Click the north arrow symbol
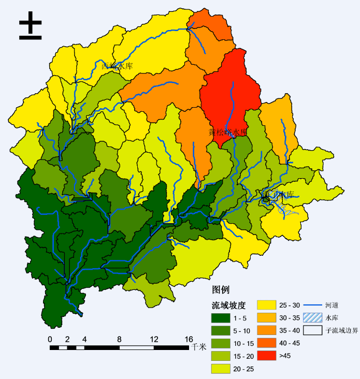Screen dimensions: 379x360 click(30, 27)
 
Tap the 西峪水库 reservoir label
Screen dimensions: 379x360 click(118, 66)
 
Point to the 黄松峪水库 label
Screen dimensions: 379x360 click(228, 133)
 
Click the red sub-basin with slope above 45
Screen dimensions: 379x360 click(231, 93)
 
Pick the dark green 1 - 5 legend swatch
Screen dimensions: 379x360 click(221, 318)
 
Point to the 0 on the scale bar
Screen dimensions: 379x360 click(50, 339)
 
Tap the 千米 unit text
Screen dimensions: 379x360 click(199, 347)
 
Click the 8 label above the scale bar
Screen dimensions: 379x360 click(119, 339)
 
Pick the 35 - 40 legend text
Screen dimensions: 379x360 click(290, 330)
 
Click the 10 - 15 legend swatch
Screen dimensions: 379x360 click(221, 343)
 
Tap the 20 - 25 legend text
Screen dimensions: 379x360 click(242, 368)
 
